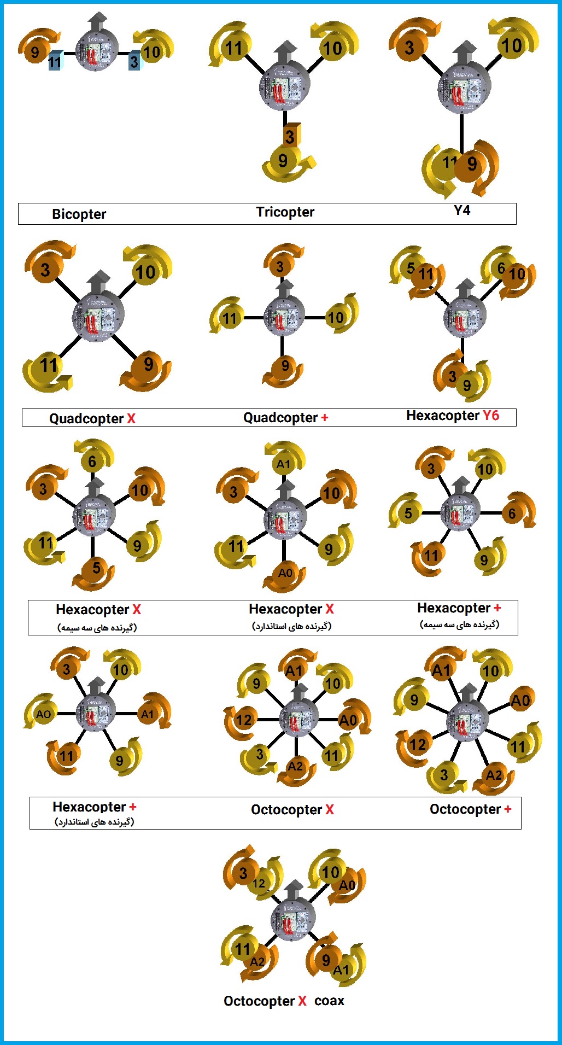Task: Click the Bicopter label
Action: coord(79,214)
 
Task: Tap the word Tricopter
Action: coord(285,212)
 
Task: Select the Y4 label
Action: coord(462,210)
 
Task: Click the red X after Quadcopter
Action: coord(131,418)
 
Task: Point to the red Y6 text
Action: coord(491,416)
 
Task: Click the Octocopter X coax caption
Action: coord(284,1001)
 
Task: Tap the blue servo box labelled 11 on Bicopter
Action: coord(55,60)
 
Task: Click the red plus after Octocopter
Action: coord(507,809)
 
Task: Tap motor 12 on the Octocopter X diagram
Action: coord(244,720)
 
